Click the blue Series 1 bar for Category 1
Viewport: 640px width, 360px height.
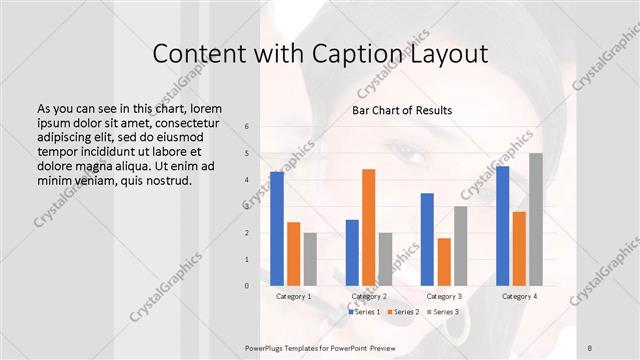[277, 229]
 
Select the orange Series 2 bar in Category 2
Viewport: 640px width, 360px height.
[368, 227]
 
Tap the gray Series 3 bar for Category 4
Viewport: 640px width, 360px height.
[535, 219]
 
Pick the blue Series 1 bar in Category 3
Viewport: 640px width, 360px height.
[427, 239]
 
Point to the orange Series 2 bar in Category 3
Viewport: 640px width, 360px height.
[444, 262]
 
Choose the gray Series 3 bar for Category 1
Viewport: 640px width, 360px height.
[310, 259]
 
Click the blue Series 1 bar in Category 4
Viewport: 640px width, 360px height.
[502, 226]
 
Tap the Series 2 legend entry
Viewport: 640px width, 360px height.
[404, 312]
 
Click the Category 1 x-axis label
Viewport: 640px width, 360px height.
[293, 296]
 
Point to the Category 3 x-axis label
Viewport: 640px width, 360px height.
[444, 296]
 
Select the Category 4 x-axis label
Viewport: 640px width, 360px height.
[519, 296]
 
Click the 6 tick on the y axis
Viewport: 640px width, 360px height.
[247, 127]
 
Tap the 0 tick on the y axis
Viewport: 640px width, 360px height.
[247, 286]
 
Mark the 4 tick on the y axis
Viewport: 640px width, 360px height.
[247, 180]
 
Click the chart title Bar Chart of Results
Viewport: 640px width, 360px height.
[402, 109]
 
